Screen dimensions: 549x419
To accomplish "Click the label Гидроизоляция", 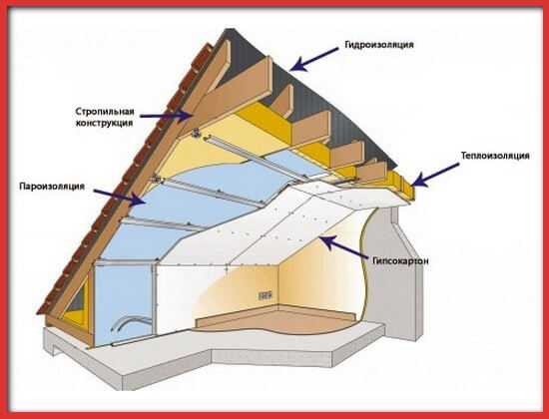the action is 379,45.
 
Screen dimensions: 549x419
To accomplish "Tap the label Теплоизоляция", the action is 495,156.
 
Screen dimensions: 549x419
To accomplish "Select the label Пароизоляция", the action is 52,186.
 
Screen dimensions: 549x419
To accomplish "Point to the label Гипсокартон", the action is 400,260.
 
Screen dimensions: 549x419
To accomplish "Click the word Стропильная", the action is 105,112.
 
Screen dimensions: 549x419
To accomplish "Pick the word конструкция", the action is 105,123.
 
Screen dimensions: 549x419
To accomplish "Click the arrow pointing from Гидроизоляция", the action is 314,59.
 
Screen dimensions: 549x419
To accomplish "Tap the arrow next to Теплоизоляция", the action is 435,175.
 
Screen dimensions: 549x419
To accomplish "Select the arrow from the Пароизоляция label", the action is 120,198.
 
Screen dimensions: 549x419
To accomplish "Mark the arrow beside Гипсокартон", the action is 343,246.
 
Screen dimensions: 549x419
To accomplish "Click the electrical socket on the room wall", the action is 266,295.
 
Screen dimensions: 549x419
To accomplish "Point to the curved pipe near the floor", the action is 131,321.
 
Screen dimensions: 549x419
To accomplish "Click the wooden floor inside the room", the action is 276,319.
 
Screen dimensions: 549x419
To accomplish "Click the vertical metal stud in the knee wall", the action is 154,297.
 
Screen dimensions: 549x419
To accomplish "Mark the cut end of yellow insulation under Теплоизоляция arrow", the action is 403,186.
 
